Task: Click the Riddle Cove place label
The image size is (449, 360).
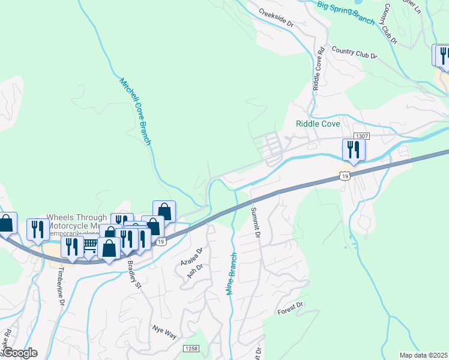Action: [x=318, y=124]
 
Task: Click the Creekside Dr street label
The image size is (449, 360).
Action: [x=276, y=19]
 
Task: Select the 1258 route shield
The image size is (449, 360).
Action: [x=191, y=349]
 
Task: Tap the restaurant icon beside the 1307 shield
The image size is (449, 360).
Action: [x=352, y=150]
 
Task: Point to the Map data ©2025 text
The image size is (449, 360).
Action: [x=423, y=355]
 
